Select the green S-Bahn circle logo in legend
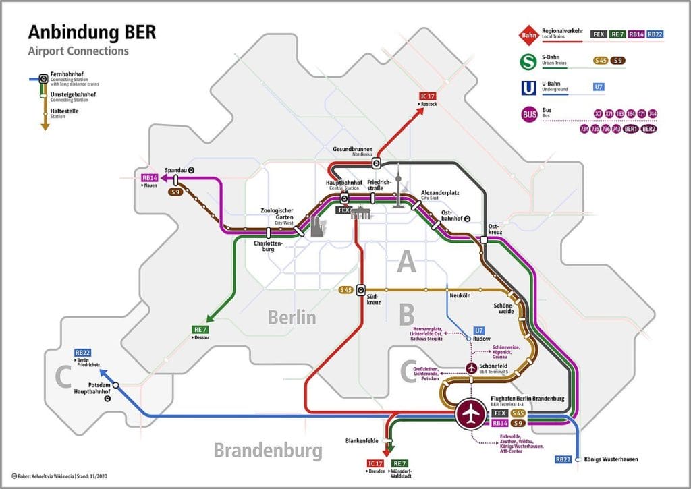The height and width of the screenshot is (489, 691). pos(529,61)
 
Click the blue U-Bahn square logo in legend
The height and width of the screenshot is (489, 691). pos(529,87)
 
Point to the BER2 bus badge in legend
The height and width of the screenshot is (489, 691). pos(649,128)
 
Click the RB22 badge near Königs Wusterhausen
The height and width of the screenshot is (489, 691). pos(563,459)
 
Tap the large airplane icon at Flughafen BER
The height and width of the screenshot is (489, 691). pos(472,414)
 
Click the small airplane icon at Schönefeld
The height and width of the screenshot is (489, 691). pos(471,368)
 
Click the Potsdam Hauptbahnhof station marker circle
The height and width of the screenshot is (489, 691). pos(115,385)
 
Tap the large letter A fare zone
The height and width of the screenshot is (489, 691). pos(406,262)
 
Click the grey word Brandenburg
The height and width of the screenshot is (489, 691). pos(268,450)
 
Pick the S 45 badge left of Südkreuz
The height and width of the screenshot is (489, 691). pos(345,290)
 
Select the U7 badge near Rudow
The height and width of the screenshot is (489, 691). pos(479,330)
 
